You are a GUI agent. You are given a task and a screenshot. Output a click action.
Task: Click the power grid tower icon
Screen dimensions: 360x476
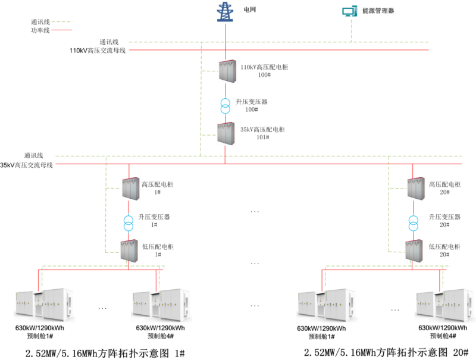[226, 12]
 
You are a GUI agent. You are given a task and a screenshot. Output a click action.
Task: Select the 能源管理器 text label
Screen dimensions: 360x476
[378, 11]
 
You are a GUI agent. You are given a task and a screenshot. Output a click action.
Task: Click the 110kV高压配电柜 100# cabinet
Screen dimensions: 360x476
[226, 71]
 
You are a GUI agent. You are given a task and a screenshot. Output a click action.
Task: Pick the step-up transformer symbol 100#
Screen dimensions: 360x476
[226, 105]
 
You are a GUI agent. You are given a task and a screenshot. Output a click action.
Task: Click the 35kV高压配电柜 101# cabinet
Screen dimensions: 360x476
[226, 133]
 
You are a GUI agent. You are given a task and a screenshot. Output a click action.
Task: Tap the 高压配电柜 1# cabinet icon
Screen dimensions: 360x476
[130, 189]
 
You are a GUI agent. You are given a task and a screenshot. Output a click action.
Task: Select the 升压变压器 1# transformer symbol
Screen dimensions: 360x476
[129, 222]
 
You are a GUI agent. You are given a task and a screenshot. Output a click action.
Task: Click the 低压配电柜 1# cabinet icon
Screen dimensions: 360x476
[129, 250]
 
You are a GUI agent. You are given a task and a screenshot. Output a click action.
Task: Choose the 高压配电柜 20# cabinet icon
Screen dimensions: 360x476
[414, 189]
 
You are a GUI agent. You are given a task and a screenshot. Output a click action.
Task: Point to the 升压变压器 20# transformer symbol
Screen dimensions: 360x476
[414, 222]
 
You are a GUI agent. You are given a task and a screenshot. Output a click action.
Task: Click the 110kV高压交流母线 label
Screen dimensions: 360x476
[98, 51]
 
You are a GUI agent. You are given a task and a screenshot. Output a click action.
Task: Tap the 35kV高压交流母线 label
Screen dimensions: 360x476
[27, 165]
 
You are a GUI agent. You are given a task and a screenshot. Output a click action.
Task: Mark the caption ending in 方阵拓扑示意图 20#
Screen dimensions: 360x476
[386, 352]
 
